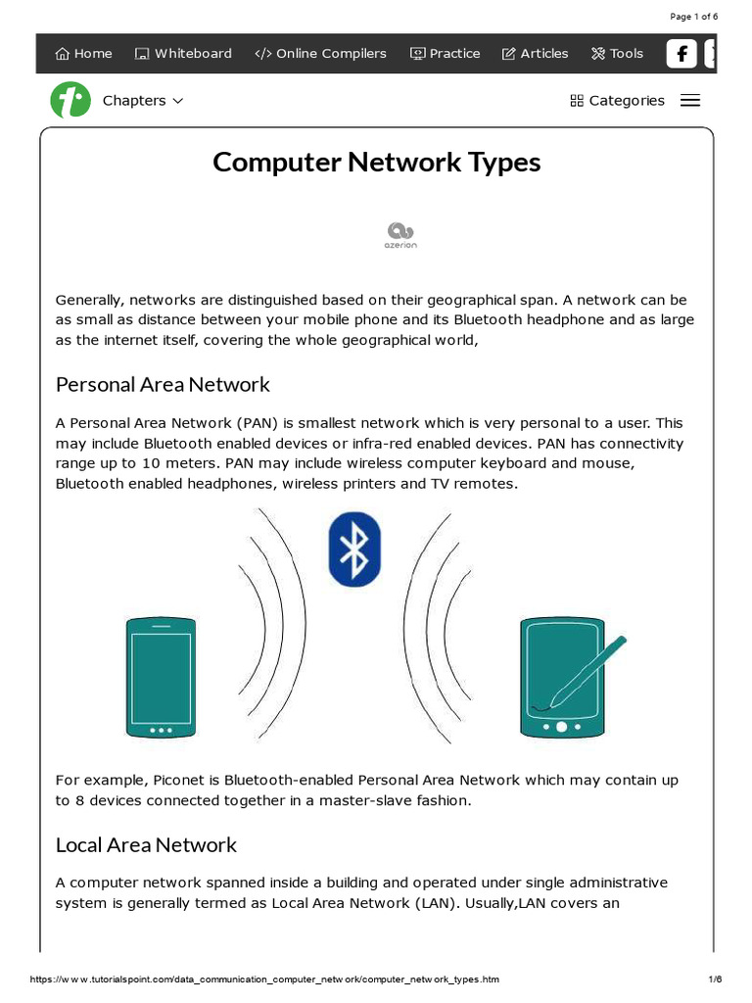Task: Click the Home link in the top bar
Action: coord(83,54)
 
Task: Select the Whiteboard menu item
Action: coord(183,54)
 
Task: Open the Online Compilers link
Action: coord(320,54)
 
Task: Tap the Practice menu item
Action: coord(445,54)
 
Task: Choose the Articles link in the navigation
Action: coord(535,54)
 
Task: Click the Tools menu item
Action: coord(617,54)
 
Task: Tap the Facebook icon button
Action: coord(681,54)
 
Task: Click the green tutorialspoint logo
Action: coord(70,100)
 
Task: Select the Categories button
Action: coord(617,101)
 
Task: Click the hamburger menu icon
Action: coord(690,101)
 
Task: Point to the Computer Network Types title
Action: coord(376,162)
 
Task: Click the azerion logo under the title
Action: coord(400,235)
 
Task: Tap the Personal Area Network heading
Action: coord(163,384)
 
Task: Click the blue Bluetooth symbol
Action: coord(354,549)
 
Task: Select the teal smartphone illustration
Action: coord(161,677)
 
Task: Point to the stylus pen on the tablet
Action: coord(587,671)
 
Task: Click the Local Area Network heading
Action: coord(146,844)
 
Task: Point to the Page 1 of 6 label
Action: coord(693,17)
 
